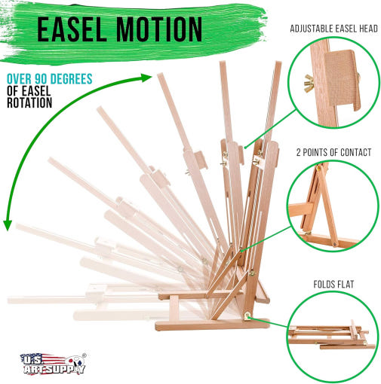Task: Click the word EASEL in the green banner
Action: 72,29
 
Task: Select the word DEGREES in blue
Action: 71,79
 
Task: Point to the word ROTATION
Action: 29,102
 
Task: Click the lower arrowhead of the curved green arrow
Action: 8,225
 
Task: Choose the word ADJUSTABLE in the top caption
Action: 310,29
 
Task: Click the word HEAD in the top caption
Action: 369,29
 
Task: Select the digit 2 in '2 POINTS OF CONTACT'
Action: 298,152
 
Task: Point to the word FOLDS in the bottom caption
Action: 323,285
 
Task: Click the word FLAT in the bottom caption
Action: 345,285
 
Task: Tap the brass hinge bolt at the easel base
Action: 247,316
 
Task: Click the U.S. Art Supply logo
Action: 54,364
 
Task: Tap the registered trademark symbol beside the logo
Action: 84,355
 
